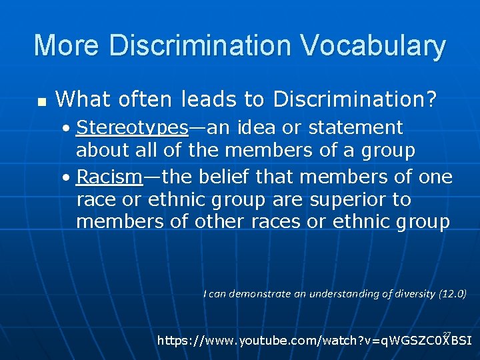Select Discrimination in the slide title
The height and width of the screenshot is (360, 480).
[201, 46]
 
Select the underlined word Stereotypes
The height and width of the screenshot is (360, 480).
[133, 128]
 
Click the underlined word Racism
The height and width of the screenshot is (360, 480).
[109, 177]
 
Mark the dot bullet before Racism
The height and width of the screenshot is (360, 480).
[69, 177]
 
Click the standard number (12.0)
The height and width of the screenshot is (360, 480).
[452, 293]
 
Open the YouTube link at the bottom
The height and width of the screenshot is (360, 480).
[314, 341]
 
